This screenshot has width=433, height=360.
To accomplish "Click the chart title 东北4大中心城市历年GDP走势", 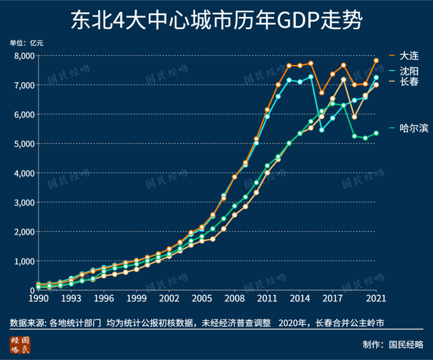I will (x=216, y=20).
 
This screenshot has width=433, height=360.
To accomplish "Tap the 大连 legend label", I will (x=409, y=55).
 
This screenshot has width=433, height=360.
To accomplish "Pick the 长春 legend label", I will (x=409, y=82).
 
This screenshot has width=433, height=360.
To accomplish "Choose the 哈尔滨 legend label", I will (x=413, y=127).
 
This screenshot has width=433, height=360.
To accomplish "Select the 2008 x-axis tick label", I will (x=234, y=298).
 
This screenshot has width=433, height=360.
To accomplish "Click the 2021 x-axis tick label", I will (x=376, y=298).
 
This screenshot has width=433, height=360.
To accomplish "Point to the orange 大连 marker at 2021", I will (x=376, y=60).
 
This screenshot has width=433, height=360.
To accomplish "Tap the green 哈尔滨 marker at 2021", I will (x=376, y=133).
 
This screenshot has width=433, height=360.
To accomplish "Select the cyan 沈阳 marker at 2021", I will (x=376, y=77).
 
